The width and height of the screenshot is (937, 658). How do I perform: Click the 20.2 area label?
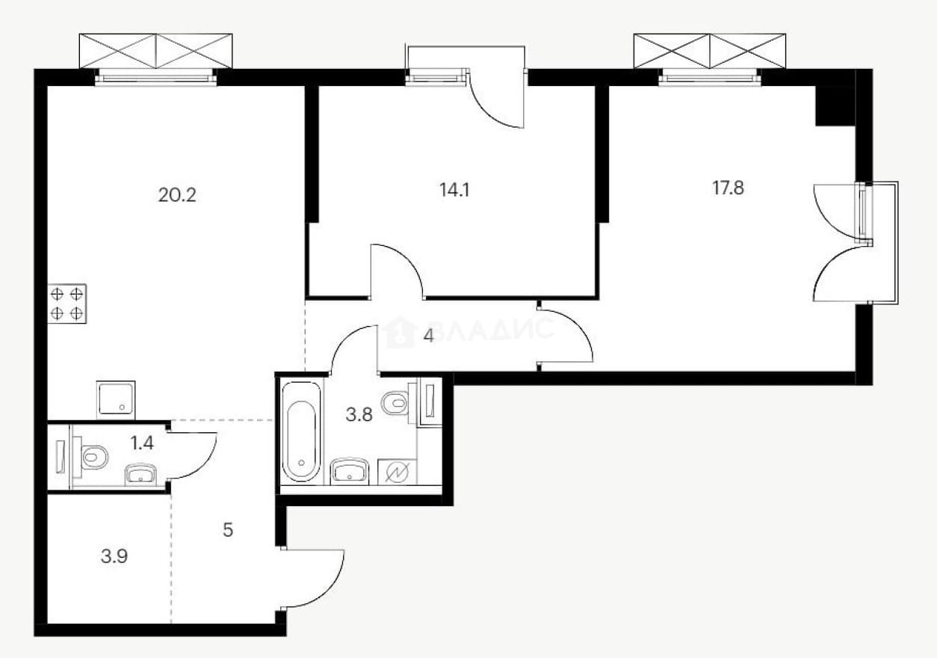pos(177,195)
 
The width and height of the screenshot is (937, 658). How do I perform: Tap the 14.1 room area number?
pos(454,190)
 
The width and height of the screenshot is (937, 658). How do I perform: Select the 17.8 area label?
pos(728,188)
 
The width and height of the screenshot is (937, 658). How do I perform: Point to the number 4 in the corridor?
pos(428,336)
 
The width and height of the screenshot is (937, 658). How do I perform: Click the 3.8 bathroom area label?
pos(359,415)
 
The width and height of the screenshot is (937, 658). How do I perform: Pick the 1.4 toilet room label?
pos(142,443)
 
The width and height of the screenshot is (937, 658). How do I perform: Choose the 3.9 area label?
pos(114,557)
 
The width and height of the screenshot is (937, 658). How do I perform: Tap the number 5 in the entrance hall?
pos(228,530)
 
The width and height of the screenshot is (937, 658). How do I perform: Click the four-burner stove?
pos(67,304)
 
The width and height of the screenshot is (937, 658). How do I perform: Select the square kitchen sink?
pos(116,399)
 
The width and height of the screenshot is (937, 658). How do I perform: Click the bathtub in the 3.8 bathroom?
pos(301,431)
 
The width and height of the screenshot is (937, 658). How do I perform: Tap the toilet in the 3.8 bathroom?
pos(396,403)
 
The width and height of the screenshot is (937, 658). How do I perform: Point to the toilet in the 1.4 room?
pos(93,457)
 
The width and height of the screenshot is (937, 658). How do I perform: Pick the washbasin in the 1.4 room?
pos(140,475)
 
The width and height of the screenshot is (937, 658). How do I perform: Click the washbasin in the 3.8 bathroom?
pos(349,471)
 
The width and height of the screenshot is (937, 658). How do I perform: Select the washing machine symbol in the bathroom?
pos(397,472)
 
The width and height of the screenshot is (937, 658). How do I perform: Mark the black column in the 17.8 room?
pos(835,105)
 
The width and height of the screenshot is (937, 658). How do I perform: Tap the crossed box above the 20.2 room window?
pos(155,51)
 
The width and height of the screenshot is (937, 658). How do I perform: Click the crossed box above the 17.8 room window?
pos(709,51)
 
